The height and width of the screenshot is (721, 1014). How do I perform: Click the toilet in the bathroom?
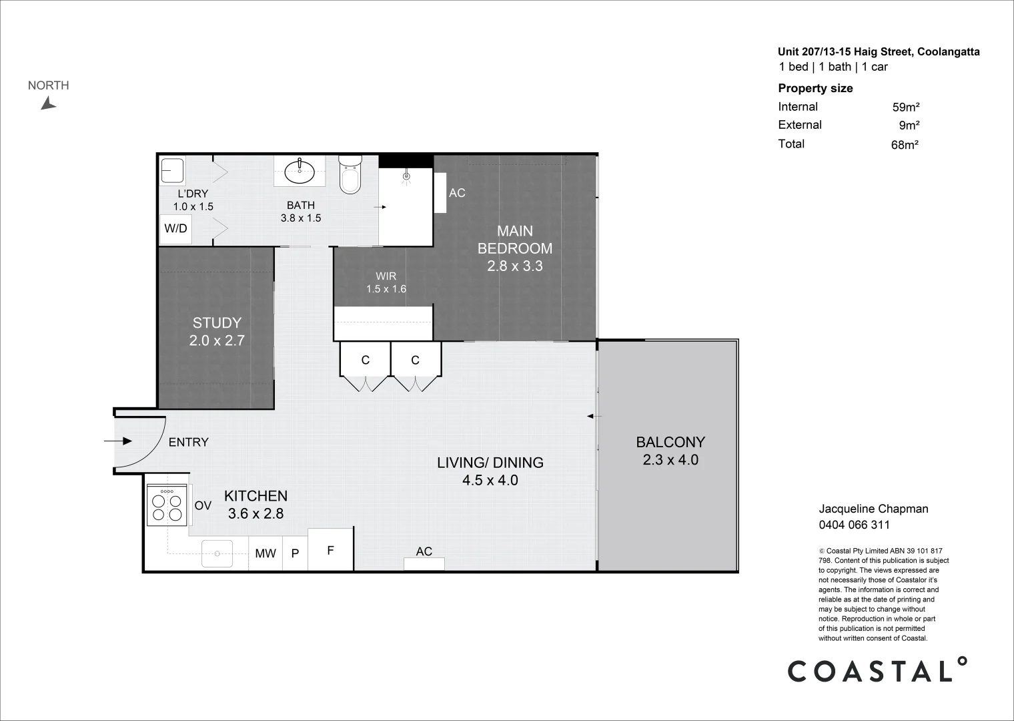click(350, 175)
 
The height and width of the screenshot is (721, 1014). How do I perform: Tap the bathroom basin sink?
click(300, 172)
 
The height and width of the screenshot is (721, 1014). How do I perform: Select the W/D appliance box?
click(175, 228)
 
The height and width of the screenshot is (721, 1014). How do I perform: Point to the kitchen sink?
click(217, 553)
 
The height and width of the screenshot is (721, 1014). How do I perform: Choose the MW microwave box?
click(266, 553)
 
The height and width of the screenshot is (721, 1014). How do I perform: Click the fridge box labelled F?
click(330, 550)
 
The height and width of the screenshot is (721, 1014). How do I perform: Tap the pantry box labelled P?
click(295, 553)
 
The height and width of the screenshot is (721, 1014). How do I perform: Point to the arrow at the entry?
click(119, 441)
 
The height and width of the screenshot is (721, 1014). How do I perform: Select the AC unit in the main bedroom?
click(440, 193)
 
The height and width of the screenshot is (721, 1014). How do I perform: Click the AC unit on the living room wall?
click(424, 563)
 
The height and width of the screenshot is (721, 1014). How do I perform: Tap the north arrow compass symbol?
click(48, 103)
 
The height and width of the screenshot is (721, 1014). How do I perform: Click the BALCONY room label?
click(670, 442)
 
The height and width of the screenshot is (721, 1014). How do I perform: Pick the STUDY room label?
click(217, 323)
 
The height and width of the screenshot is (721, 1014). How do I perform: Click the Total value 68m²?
click(905, 144)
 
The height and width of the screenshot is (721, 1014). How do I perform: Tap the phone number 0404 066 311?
click(854, 525)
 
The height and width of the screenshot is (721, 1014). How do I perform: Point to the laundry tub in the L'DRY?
click(173, 171)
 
